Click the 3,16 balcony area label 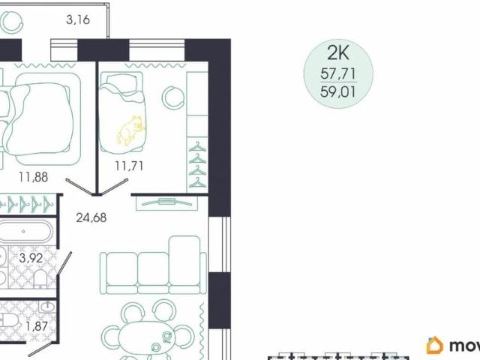78,20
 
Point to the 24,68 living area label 91,219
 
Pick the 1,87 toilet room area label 31,327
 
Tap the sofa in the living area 154,267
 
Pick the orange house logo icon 434,345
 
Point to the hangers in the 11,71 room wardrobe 196,164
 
